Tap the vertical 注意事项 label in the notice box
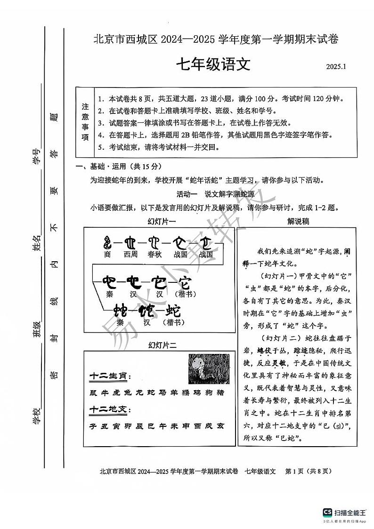(x=85, y=122)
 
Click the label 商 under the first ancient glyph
(x=107, y=254)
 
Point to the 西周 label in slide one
(x=130, y=254)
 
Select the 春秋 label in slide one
(x=154, y=254)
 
